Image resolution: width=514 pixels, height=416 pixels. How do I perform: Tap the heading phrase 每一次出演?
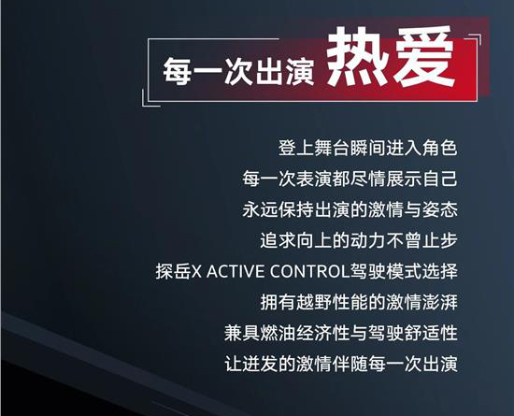(x=238, y=70)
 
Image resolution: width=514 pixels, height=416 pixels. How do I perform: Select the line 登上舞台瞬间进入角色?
(x=368, y=148)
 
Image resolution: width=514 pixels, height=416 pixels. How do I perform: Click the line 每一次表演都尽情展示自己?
(x=350, y=179)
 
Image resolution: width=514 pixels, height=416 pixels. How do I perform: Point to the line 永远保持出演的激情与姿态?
(x=350, y=209)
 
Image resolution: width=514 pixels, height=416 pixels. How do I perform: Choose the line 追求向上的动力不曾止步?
(x=359, y=240)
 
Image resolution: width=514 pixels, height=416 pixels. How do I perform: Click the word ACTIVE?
(x=235, y=272)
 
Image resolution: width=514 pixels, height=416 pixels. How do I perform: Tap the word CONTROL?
(x=309, y=272)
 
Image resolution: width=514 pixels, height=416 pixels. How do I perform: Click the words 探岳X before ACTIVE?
(x=178, y=272)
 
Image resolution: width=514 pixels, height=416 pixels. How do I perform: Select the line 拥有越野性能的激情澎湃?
(x=359, y=302)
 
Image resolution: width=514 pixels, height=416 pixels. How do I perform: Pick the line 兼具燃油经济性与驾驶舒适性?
(x=341, y=333)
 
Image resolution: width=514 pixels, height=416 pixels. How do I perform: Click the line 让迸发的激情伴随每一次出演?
(x=341, y=364)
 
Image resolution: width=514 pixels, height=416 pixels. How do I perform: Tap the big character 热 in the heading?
(x=358, y=57)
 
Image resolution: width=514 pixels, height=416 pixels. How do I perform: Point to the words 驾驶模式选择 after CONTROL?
(x=404, y=271)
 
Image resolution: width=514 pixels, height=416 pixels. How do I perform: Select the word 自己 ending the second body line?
(x=439, y=179)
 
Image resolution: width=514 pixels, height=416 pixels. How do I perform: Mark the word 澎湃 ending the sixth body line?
(x=439, y=302)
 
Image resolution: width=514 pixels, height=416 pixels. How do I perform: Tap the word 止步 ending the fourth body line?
(x=439, y=240)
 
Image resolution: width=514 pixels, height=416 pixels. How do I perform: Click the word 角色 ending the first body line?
(x=439, y=148)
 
